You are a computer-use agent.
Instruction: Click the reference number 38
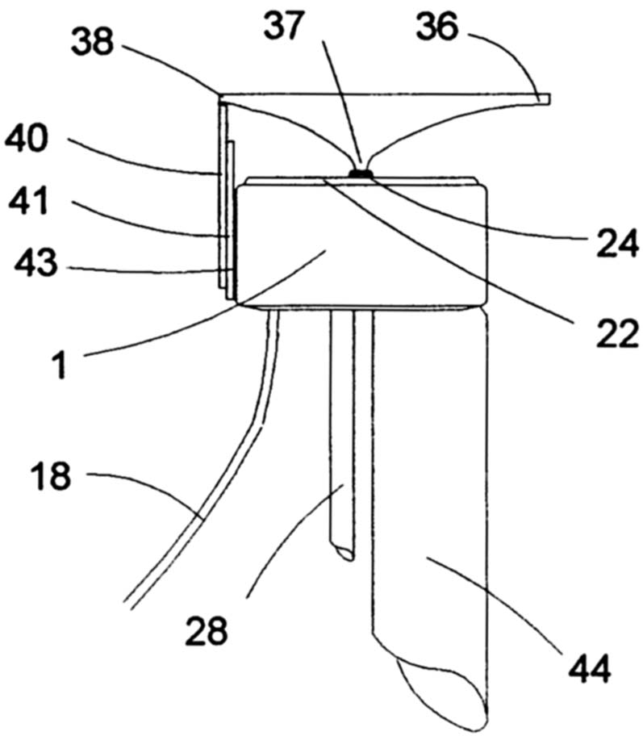click(93, 41)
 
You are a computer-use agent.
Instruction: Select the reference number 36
click(436, 27)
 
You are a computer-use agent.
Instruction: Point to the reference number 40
click(27, 139)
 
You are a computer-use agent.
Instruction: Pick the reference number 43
click(36, 262)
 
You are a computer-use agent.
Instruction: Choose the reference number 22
click(617, 334)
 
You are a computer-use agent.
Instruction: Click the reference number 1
click(60, 366)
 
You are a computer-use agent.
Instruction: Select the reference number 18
click(51, 476)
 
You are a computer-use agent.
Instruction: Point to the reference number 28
click(207, 631)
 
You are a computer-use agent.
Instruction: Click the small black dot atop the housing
click(361, 174)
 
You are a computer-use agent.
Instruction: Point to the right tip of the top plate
click(549, 99)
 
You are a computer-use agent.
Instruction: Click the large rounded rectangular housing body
click(362, 243)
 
